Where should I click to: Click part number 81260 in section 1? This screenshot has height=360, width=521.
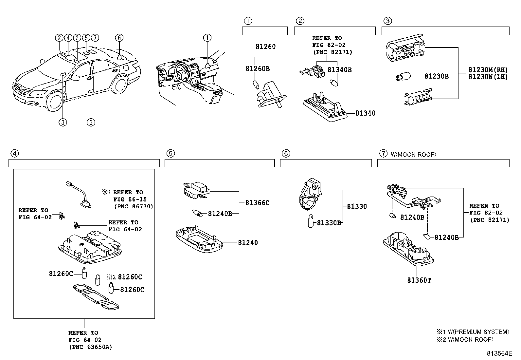(x=265, y=47)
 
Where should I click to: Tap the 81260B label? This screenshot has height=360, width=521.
(x=258, y=69)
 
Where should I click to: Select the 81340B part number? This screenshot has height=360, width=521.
(x=339, y=69)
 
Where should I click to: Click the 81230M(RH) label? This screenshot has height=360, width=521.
(x=488, y=69)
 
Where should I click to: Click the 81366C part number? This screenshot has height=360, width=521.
(x=257, y=203)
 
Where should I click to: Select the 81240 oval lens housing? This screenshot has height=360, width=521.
(x=199, y=240)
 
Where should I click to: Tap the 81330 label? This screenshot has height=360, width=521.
(x=357, y=206)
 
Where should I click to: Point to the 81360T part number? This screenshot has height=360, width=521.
(x=419, y=280)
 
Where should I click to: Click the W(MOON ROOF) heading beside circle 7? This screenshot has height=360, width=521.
(x=413, y=154)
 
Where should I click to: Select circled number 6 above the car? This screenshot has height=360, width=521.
(x=119, y=38)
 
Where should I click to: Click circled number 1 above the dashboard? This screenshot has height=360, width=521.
(x=207, y=38)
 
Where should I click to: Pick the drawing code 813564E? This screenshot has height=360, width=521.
(x=499, y=353)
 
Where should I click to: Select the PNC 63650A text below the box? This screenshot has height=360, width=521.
(x=90, y=347)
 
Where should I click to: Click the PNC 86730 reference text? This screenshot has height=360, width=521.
(x=134, y=206)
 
